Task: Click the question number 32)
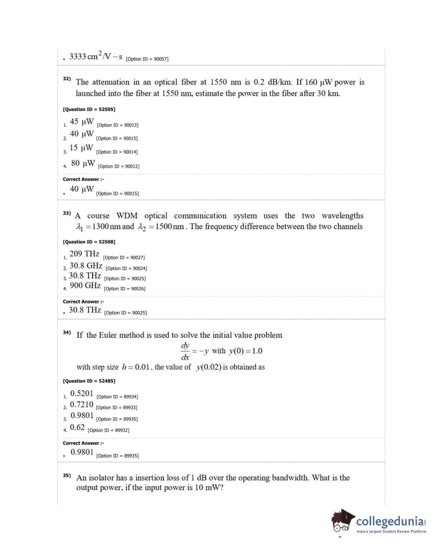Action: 66,79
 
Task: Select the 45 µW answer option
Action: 82,122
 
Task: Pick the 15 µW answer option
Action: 81,148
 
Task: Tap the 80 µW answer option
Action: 83,163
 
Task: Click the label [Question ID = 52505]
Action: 89,109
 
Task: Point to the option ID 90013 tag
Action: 118,125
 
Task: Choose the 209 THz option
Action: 85,254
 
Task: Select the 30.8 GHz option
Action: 86,266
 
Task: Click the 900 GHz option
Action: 85,286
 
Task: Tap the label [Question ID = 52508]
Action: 89,242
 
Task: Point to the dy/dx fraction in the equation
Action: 185,351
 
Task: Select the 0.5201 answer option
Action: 82,393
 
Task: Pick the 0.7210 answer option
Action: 82,405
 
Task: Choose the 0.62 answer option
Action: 77,428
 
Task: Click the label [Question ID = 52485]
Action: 89,381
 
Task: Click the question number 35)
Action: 66,475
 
